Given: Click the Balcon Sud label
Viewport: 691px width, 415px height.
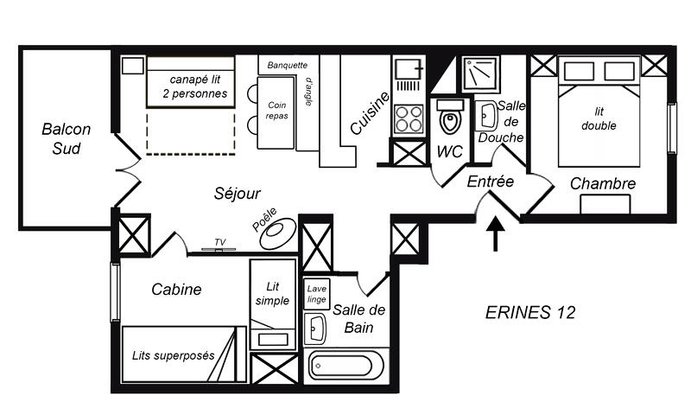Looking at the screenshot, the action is pos(67,139).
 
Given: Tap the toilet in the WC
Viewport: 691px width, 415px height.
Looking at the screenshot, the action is pos(450,117).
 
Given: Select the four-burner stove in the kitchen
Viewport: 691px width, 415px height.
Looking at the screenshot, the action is pos(409,119).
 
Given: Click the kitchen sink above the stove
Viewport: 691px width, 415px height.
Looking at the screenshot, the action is pos(409,70).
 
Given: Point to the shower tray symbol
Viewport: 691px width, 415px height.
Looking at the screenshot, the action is pos(481,74).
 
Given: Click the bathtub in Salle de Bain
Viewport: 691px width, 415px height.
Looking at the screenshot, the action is pos(343,366).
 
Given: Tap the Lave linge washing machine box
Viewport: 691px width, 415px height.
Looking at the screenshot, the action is pos(317,294).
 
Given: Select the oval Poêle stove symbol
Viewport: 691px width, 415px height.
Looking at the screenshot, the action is pos(278,233).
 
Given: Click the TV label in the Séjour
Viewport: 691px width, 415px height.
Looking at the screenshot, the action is pos(220,242).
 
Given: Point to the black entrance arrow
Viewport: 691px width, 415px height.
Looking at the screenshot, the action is pos(496,233).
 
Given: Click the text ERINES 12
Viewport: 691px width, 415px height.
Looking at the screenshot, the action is pos(530,312).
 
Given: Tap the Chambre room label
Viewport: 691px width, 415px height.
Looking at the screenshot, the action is pos(602,183).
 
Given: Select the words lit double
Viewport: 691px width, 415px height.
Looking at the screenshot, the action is pos(599,118).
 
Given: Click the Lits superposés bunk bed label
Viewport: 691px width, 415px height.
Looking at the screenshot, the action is pos(174,355).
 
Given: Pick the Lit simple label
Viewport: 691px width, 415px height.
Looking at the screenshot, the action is pos(272,294).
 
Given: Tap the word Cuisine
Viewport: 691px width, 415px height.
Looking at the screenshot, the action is pos(371,113).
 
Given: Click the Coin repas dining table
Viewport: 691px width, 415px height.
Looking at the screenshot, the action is pos(276,112).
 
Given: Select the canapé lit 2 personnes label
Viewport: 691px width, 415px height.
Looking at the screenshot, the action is pos(195,86).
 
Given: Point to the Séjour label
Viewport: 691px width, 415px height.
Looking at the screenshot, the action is pos(237,193).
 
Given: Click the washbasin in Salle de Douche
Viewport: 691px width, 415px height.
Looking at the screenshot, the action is pos(486,116).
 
